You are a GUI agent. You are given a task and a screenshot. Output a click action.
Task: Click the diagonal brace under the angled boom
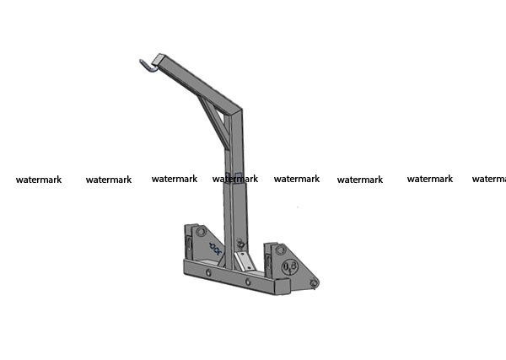[x=213, y=121]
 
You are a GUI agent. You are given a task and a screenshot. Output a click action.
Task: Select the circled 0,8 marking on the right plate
[x=289, y=267]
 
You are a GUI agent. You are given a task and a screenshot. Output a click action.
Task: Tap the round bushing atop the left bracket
[x=201, y=231]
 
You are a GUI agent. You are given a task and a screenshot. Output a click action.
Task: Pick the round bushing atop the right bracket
[x=280, y=250]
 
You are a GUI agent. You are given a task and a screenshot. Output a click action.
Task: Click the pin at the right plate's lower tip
[x=313, y=283]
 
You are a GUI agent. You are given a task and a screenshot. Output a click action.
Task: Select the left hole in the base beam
[x=208, y=273]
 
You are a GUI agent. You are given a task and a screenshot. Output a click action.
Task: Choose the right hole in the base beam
[x=248, y=282]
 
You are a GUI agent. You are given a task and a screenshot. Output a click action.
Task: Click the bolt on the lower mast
[x=240, y=244]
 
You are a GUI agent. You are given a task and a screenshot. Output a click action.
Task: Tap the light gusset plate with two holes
[x=245, y=261]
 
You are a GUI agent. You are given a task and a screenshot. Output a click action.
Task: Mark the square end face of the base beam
[x=283, y=287]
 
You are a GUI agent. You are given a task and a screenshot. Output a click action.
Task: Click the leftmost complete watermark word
[x=39, y=180]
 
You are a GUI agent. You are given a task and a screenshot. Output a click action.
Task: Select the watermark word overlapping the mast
[x=235, y=179]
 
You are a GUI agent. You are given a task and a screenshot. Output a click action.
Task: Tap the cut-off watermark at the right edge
[x=489, y=179]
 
